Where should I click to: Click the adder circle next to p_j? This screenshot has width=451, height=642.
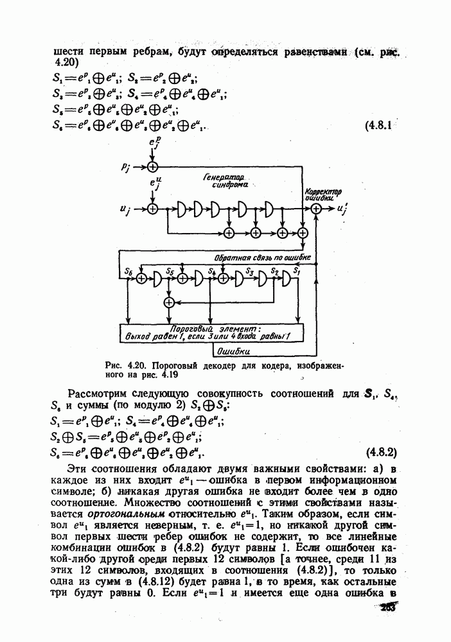[x=152, y=166]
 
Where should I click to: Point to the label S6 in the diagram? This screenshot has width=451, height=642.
[x=128, y=272]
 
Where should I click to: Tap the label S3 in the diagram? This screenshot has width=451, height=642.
[x=252, y=272]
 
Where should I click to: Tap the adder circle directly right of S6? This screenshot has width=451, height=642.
[x=141, y=279]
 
